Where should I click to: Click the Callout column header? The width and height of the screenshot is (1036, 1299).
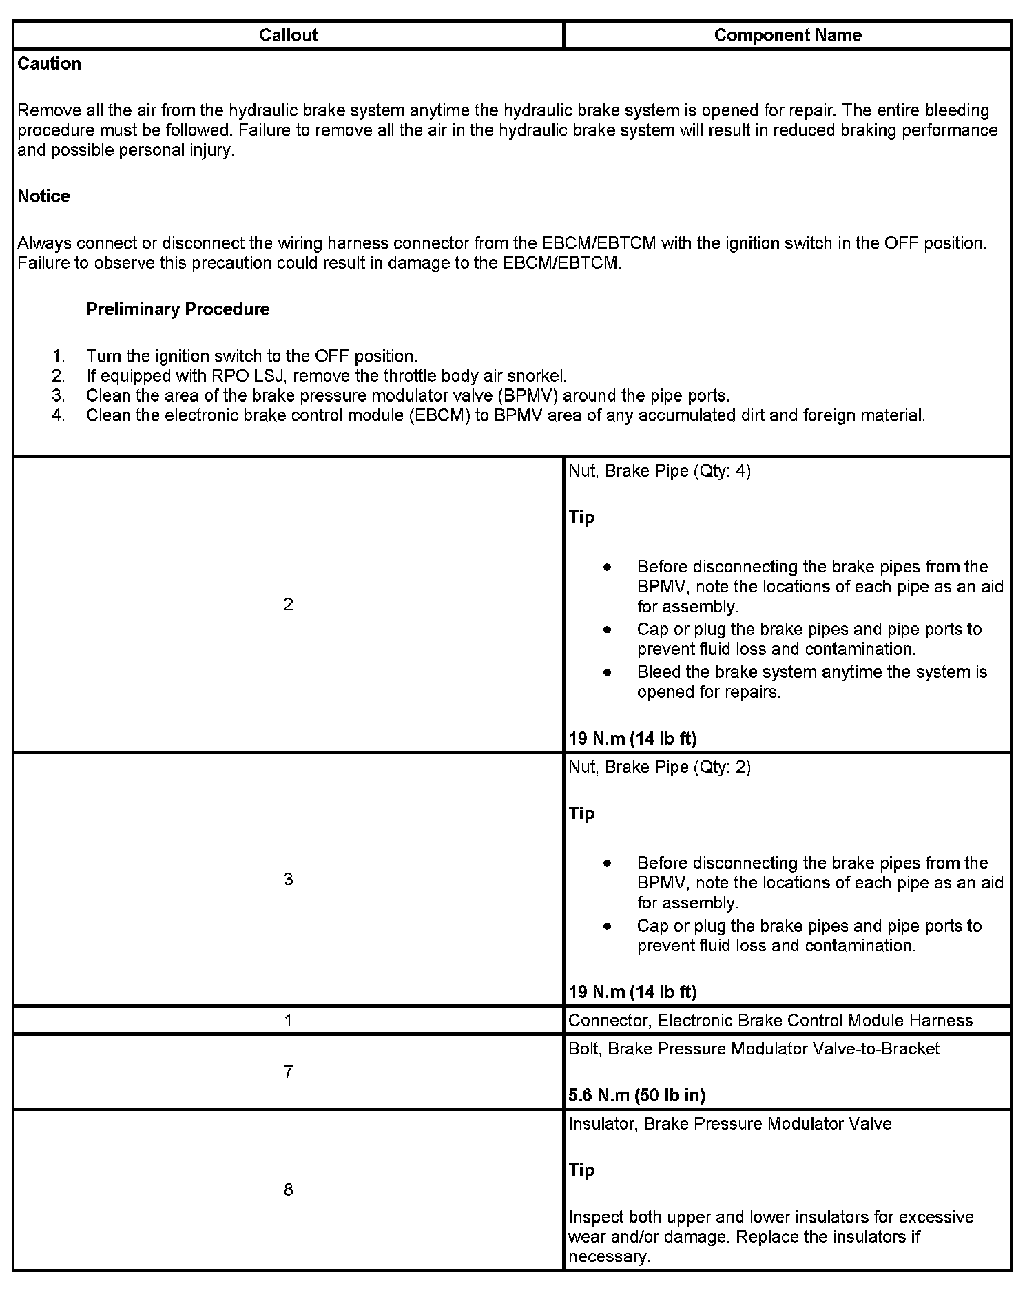(x=288, y=35)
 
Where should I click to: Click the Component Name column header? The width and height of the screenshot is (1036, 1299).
(x=787, y=35)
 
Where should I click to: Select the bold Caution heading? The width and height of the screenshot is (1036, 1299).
(x=49, y=64)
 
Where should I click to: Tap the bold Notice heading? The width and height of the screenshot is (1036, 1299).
(x=43, y=196)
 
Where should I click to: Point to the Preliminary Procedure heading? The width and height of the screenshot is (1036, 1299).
(x=178, y=309)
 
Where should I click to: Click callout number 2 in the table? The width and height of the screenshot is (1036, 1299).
(x=288, y=605)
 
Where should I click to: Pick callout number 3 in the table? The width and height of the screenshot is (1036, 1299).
(x=288, y=880)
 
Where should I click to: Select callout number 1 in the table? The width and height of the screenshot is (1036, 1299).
(x=288, y=1021)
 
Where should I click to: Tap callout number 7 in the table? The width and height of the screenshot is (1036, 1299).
(x=288, y=1072)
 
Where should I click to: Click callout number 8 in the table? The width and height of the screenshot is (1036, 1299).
(x=288, y=1190)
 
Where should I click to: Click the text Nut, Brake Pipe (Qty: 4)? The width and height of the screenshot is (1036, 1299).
(x=659, y=471)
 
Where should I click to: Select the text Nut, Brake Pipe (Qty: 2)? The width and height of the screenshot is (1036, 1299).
(x=659, y=767)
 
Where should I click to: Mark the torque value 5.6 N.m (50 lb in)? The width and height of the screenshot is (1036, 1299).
(x=636, y=1095)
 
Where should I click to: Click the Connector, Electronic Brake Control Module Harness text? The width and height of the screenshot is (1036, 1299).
(x=770, y=1021)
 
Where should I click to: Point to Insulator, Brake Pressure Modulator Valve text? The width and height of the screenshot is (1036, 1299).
(x=729, y=1124)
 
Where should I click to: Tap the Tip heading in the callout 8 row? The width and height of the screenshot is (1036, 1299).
(x=581, y=1170)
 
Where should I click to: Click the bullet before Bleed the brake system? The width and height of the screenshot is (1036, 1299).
(x=607, y=672)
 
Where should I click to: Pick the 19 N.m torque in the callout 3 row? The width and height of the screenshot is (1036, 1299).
(x=632, y=992)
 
